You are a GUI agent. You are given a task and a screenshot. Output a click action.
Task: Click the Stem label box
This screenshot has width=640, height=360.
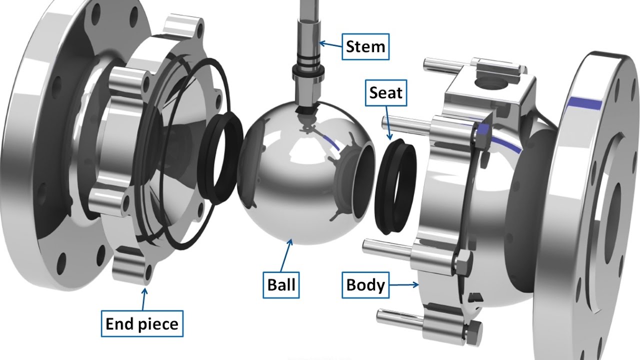click(365, 47)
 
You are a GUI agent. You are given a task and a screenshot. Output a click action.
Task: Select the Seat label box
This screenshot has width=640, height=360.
click(385, 92)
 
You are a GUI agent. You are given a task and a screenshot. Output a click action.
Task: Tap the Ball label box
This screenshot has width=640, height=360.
click(281, 284)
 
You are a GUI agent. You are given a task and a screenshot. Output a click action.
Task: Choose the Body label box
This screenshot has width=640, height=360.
click(365, 285)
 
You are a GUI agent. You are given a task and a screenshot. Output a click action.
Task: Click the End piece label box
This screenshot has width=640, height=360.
click(141, 324)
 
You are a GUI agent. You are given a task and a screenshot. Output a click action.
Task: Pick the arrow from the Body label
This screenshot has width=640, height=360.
click(404, 285)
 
